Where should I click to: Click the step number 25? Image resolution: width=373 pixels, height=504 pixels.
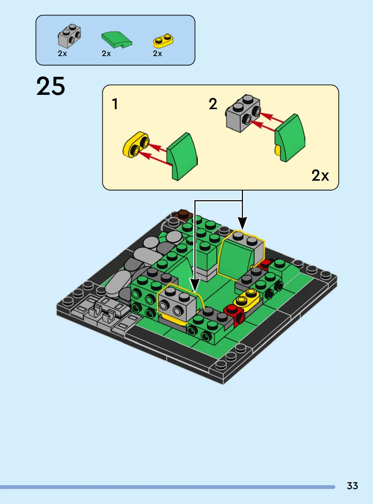[51, 86]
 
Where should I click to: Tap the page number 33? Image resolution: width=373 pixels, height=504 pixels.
[352, 486]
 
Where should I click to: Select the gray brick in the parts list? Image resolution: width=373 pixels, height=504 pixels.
[70, 35]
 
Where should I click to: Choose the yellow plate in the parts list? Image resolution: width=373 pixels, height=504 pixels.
[164, 41]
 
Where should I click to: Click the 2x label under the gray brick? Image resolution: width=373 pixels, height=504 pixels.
[62, 53]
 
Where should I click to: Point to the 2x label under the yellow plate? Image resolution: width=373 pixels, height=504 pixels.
[157, 53]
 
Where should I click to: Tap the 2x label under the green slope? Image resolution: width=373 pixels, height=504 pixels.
[106, 53]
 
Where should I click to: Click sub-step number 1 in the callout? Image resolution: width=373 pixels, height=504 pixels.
[115, 104]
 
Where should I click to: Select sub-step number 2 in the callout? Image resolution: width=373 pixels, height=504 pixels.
[213, 104]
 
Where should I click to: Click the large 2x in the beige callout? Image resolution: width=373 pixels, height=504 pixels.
[320, 175]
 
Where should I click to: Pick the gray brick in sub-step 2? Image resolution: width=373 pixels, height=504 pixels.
[243, 113]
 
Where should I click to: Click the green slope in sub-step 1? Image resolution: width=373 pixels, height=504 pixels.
[182, 157]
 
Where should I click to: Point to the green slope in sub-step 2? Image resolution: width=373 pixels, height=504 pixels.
[290, 138]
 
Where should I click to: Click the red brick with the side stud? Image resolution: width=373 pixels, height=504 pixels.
[235, 315]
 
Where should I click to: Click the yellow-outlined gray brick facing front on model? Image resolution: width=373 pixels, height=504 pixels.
[177, 302]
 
